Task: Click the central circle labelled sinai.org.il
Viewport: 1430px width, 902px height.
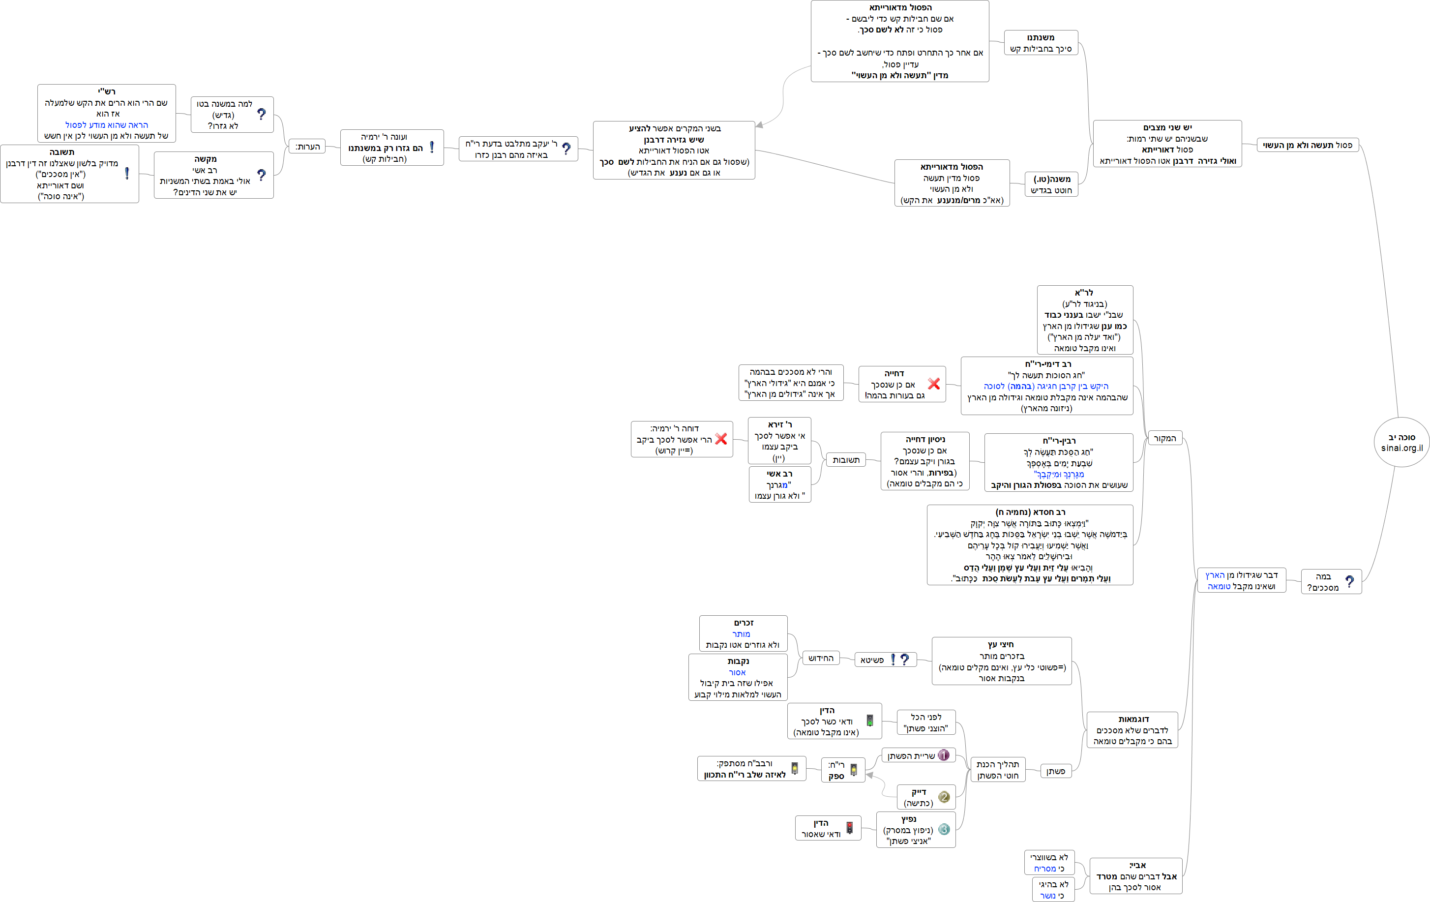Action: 1401,442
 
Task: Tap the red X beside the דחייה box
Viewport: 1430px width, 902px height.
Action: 933,384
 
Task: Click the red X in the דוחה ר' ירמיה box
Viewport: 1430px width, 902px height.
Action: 721,439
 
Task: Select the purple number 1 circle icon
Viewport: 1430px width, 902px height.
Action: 943,755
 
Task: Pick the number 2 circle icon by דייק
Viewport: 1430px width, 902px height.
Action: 944,797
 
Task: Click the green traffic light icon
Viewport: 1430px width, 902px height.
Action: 869,721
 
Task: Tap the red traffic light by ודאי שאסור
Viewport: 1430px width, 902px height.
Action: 849,828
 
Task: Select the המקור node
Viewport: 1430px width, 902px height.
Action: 1164,438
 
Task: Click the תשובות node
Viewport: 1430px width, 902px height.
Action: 846,460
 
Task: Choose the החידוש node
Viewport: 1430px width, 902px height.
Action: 821,658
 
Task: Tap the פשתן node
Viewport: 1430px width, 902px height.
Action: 1055,771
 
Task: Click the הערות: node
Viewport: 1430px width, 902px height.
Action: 307,147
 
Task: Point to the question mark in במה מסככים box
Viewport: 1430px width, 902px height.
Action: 1349,581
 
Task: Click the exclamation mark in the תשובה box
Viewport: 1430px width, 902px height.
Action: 126,174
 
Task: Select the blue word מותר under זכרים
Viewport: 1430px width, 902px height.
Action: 741,633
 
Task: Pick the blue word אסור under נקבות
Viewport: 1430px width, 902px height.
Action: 737,672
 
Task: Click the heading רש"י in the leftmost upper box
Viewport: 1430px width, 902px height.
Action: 106,91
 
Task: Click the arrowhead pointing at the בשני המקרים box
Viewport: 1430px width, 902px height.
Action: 760,125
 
